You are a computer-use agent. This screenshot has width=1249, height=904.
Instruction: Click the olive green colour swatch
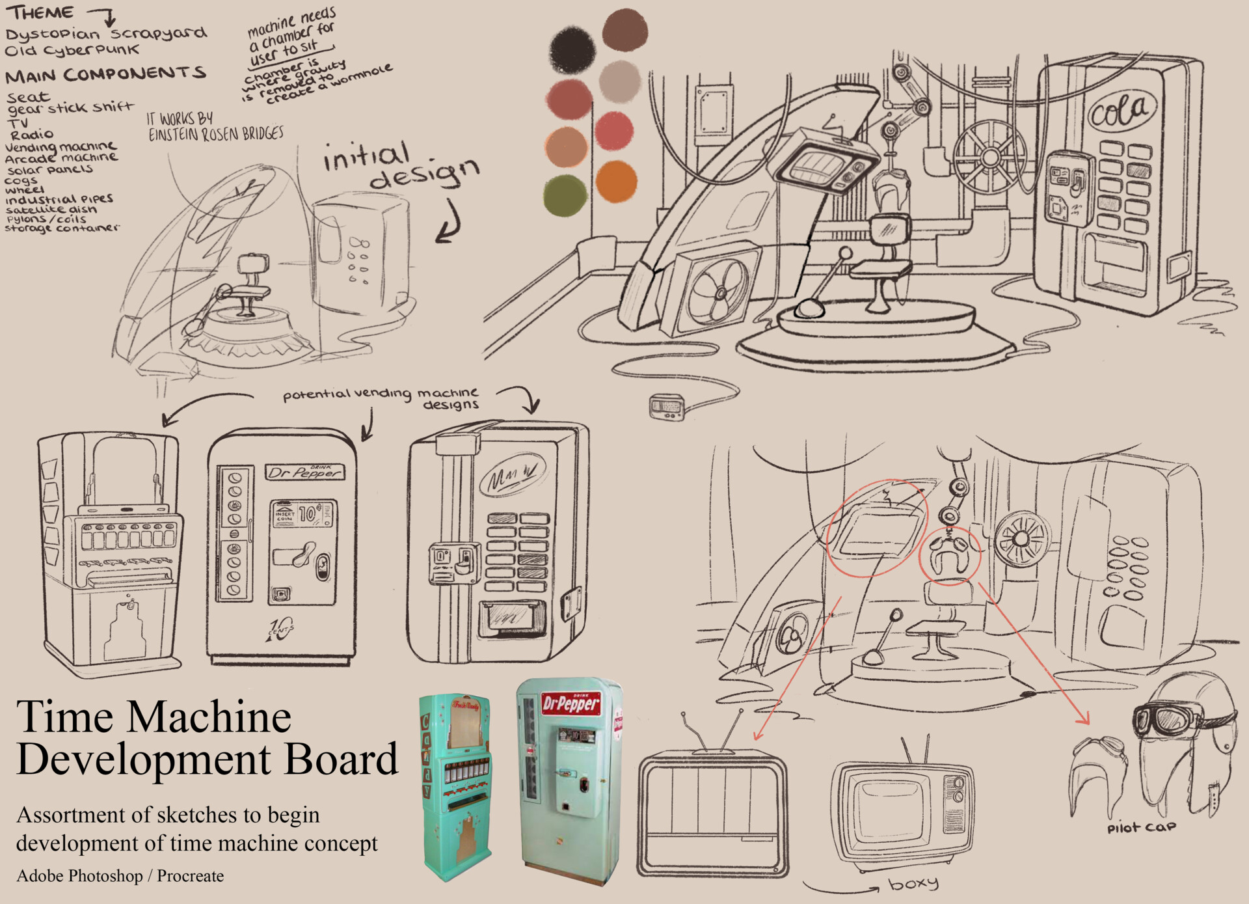point(565,195)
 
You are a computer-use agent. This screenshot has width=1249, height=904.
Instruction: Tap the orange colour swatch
point(614,181)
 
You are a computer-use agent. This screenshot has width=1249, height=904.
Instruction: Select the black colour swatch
point(572,49)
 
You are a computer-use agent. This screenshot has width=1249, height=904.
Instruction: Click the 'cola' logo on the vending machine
point(1122,111)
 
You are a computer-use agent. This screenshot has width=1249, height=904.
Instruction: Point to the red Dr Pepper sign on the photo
point(571,704)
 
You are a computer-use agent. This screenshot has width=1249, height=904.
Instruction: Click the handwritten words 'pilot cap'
point(1141,827)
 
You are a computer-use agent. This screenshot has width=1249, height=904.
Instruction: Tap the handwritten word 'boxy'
point(913,884)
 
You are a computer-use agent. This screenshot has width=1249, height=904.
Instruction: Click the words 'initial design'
point(400,165)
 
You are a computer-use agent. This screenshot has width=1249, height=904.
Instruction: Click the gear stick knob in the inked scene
point(845,253)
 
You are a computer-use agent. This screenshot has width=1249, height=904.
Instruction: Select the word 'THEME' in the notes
point(40,13)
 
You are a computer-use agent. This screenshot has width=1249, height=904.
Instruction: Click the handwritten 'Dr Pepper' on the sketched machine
point(304,473)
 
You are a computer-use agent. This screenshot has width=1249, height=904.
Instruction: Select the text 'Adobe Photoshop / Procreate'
point(120,876)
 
